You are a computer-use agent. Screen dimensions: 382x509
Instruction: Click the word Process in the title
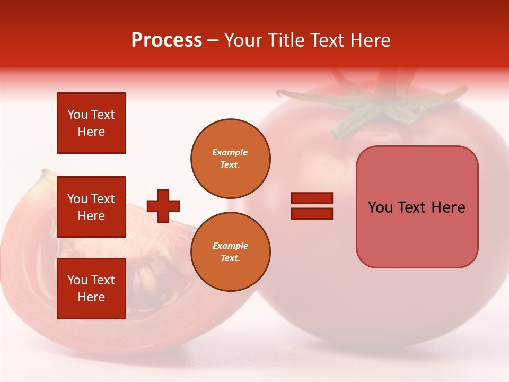[x=166, y=40]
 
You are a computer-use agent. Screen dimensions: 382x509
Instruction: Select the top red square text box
[x=91, y=123]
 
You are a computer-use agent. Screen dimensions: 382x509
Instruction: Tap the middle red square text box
[x=91, y=207]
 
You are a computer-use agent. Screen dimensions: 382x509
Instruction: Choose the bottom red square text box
[x=91, y=289]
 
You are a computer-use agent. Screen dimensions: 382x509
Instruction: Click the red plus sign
[x=163, y=206]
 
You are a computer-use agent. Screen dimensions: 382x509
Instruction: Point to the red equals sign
[x=312, y=206]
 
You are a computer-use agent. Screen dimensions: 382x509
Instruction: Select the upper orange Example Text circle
[x=230, y=158]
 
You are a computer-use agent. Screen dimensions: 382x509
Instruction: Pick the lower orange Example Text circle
[x=230, y=251]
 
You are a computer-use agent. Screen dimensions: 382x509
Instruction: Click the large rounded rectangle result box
[x=417, y=207]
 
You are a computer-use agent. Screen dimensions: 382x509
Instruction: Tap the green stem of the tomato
[x=371, y=106]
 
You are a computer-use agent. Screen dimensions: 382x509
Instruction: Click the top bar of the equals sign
[x=312, y=198]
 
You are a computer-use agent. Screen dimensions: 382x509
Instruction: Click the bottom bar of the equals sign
[x=312, y=213]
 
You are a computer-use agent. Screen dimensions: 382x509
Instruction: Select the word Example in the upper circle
[x=230, y=152]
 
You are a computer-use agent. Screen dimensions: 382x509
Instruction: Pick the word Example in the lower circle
[x=230, y=246]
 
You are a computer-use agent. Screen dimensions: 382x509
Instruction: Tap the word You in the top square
[x=77, y=115]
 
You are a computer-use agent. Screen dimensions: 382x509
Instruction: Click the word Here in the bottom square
[x=91, y=297]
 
